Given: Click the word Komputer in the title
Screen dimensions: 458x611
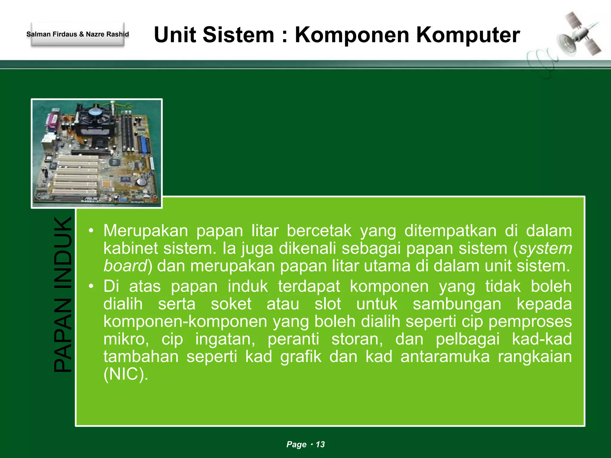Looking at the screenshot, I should click(468, 35).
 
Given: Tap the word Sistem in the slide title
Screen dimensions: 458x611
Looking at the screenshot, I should click(238, 35).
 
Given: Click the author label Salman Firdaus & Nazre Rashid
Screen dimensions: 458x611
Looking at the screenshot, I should click(78, 34).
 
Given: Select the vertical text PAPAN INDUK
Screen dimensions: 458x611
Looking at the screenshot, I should click(63, 294).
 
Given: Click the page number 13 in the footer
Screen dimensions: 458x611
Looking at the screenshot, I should click(320, 444).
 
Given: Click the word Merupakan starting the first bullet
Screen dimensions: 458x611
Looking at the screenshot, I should click(146, 231).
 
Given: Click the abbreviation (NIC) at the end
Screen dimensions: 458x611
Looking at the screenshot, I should click(126, 374).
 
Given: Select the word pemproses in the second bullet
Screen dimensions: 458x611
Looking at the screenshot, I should click(530, 321).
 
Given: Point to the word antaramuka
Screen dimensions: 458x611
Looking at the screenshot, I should click(445, 357).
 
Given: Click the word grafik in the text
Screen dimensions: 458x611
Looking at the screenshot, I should click(301, 357).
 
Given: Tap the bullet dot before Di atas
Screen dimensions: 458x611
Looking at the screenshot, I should click(91, 286).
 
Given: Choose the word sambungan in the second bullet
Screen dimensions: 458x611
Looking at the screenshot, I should click(457, 304).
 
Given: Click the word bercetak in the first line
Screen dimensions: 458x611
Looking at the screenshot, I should click(319, 231).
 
